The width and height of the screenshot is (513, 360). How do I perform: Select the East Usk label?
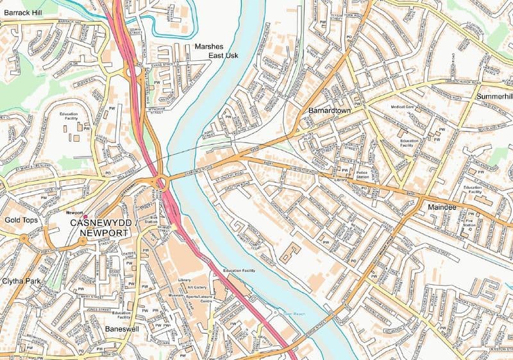point(223,56)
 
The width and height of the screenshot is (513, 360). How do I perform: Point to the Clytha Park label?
point(22,281)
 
